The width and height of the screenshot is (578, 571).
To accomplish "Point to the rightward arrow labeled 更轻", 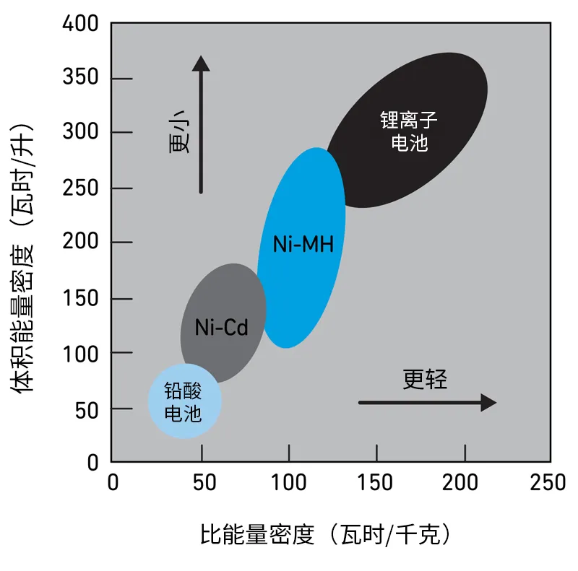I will [426, 402].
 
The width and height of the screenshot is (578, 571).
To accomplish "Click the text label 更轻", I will [425, 379].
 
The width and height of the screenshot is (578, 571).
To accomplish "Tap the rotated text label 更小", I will [180, 134].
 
